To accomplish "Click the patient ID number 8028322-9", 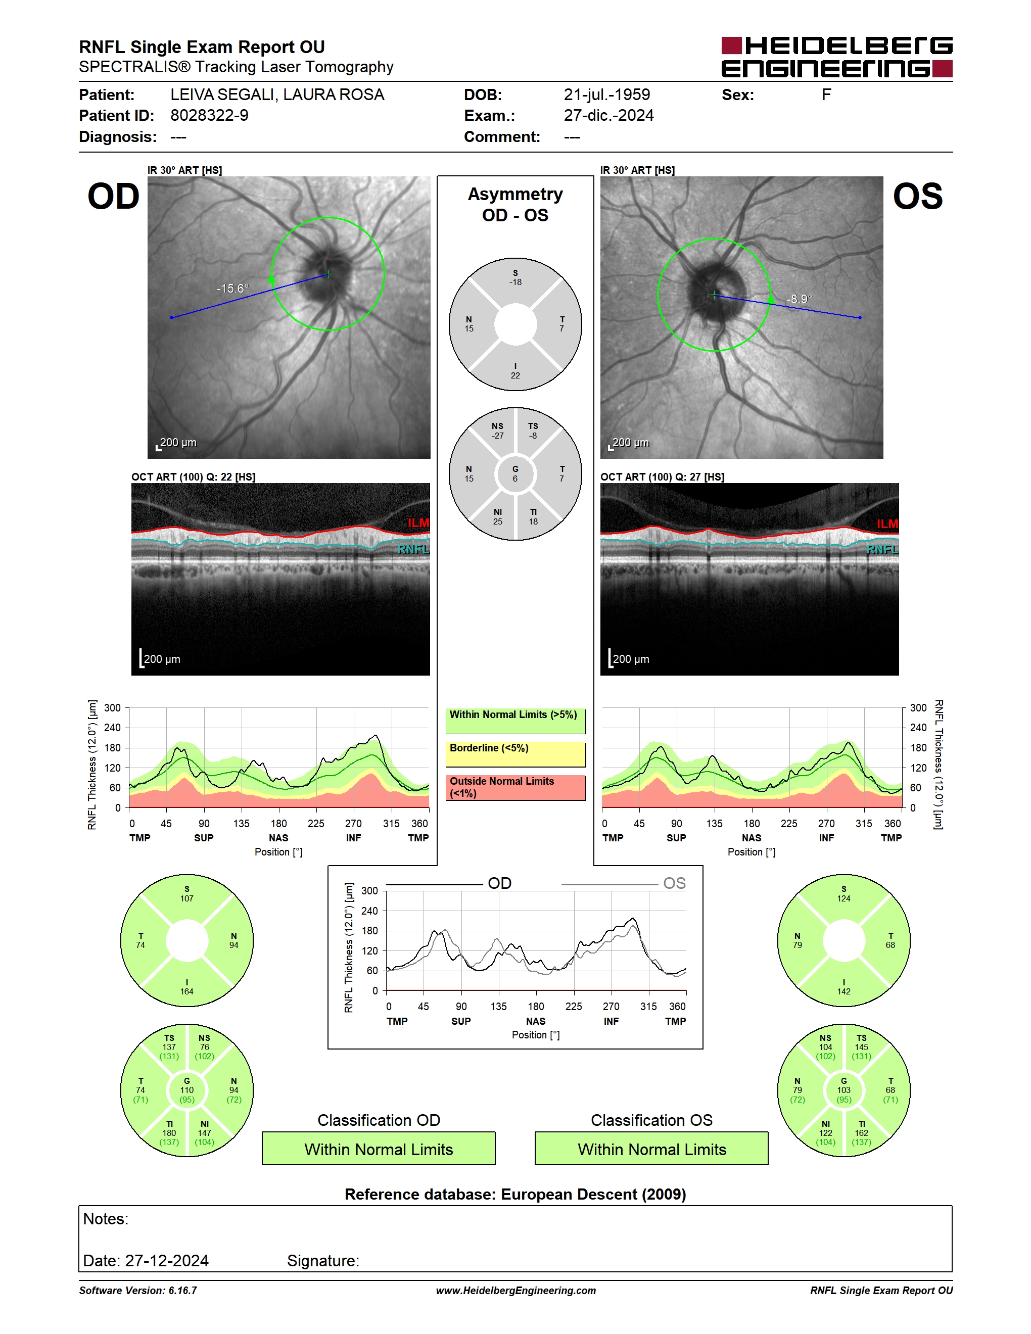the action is [209, 115].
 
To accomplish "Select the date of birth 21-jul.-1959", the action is [606, 94].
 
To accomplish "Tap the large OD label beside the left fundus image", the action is [114, 197].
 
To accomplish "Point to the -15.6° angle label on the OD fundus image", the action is [232, 289].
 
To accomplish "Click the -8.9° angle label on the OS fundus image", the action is [799, 299].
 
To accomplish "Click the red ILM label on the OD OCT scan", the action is [418, 523].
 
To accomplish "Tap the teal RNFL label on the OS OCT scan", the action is [882, 549].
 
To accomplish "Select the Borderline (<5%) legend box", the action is [515, 754].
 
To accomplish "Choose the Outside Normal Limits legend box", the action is [515, 787].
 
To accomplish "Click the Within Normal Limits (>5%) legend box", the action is [515, 721].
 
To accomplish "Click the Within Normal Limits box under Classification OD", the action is [379, 1149].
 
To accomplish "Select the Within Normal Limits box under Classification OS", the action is [652, 1149].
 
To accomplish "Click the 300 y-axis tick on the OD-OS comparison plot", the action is [369, 890].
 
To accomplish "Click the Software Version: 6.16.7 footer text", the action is [138, 1290].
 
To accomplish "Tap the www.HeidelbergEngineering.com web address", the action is [515, 1290].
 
